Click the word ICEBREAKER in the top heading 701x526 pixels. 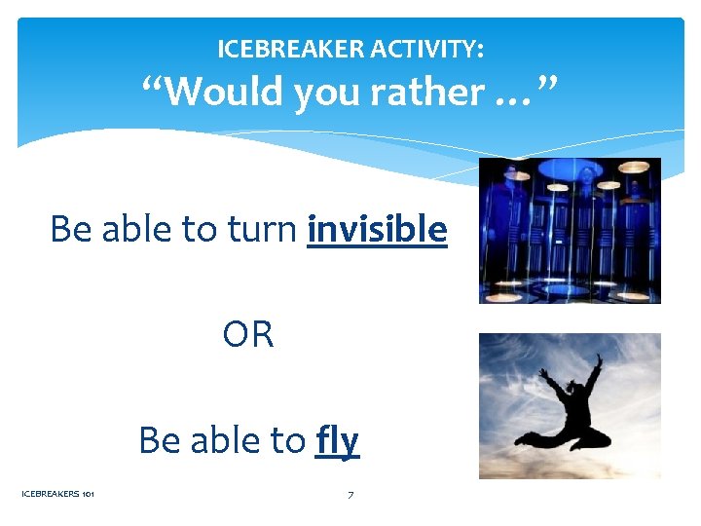click(x=284, y=48)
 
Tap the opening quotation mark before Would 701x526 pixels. click(x=152, y=84)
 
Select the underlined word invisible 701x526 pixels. click(x=377, y=230)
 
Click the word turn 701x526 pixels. click(x=263, y=230)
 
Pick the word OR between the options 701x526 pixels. click(x=248, y=334)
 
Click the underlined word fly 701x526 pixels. click(x=338, y=440)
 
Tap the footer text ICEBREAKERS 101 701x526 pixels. click(x=57, y=495)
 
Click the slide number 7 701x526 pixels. click(x=350, y=495)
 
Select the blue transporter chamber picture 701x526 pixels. click(x=570, y=230)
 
